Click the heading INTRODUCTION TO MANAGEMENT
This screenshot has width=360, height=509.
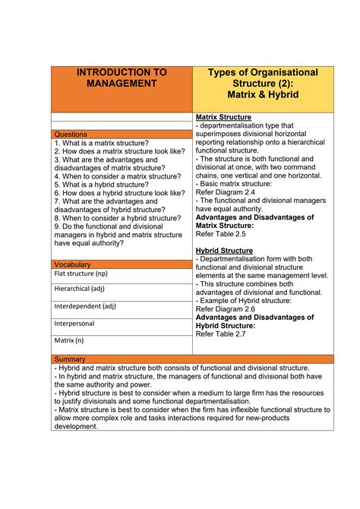click(122, 78)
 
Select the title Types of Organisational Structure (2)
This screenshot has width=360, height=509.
click(263, 78)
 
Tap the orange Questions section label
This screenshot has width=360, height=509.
click(73, 134)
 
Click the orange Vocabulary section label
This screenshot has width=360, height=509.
click(74, 264)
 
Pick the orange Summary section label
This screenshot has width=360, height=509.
click(71, 359)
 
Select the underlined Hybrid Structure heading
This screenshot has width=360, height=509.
click(224, 251)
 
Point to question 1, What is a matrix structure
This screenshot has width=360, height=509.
click(101, 143)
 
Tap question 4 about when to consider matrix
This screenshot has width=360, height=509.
click(117, 176)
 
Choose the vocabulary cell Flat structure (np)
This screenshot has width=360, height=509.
click(81, 273)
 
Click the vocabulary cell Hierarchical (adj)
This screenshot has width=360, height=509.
click(79, 289)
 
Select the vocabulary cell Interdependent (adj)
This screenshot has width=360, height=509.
click(84, 306)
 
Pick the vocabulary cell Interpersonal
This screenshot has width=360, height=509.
click(74, 323)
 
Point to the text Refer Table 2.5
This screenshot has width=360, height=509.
click(222, 234)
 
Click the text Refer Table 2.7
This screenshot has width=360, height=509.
click(222, 334)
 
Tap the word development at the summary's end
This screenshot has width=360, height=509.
click(76, 426)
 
